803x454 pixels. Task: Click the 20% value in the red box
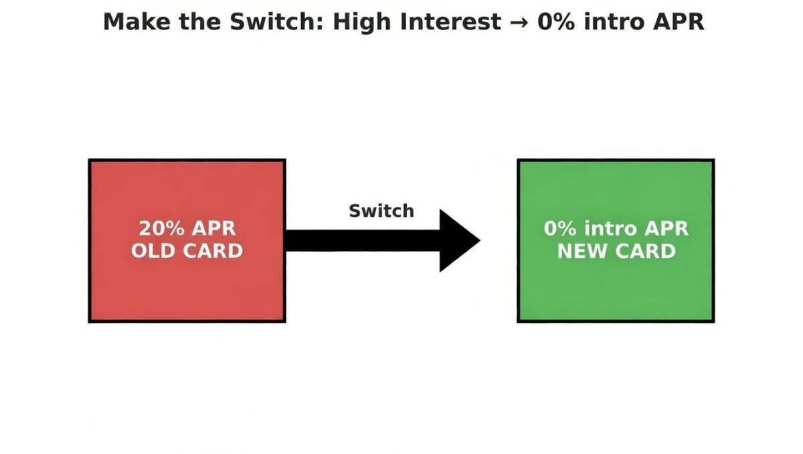click(161, 228)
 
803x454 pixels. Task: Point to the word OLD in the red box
click(153, 251)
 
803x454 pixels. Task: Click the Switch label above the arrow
click(381, 211)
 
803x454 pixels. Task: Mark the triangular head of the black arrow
click(457, 240)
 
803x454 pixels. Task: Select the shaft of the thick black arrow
click(361, 240)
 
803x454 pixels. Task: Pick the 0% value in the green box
click(560, 228)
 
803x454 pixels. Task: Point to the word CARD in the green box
click(645, 251)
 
